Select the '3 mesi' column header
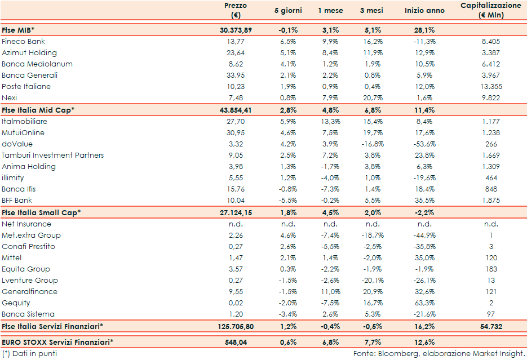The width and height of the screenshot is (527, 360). [x=369, y=11]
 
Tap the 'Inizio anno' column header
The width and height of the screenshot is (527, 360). [x=424, y=11]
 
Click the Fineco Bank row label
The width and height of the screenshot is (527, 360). [x=23, y=42]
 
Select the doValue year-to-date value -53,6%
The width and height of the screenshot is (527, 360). [x=424, y=144]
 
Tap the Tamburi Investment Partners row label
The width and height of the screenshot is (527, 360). [x=52, y=155]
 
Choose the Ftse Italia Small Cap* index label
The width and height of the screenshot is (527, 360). [x=41, y=212]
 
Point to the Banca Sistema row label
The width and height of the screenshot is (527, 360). [x=28, y=314]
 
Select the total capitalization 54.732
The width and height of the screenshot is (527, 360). [x=489, y=326]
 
